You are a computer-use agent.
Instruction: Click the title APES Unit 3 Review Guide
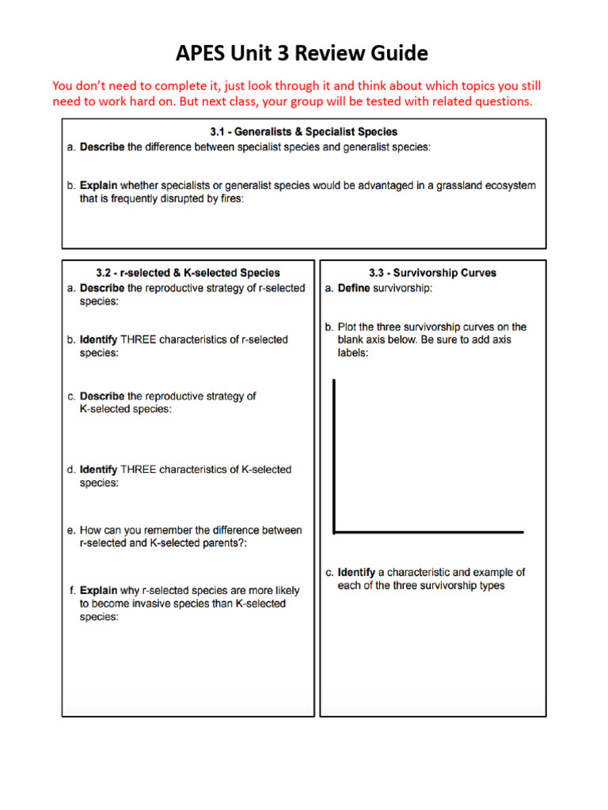coord(302,54)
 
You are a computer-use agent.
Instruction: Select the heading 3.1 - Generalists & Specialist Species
coord(304,132)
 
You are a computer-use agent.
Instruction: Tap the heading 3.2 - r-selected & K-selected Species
coord(188,273)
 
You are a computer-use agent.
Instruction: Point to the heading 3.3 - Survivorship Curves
coord(432,273)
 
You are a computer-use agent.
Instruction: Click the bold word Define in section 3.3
coord(354,289)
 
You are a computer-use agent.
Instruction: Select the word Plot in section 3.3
coord(348,327)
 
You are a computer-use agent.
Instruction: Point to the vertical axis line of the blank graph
coord(334,455)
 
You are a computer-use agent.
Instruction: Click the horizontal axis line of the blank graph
coord(428,532)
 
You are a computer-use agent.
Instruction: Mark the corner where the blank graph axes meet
coord(335,532)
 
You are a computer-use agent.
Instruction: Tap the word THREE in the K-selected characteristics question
coord(138,470)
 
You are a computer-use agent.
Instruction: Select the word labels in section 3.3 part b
coord(353,354)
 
